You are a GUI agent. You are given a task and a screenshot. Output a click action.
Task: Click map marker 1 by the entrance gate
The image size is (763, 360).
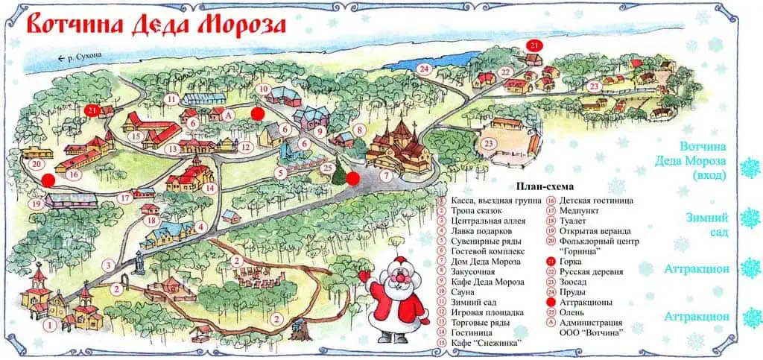click(x=49, y=325)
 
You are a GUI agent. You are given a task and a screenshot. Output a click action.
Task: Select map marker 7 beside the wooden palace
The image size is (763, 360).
click(x=386, y=176)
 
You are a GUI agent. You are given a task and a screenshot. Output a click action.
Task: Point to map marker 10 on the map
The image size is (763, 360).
click(x=263, y=89)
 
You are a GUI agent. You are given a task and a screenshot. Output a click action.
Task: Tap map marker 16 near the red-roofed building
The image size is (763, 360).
click(x=74, y=174)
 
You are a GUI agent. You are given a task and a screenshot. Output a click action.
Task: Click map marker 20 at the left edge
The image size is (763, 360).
click(x=34, y=164)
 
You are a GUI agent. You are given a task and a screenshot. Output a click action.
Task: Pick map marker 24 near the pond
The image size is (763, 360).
click(x=425, y=69)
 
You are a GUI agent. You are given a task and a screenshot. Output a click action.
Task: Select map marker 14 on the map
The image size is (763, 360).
click(x=211, y=188)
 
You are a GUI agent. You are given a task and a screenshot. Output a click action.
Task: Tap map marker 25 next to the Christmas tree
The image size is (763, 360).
click(x=328, y=168)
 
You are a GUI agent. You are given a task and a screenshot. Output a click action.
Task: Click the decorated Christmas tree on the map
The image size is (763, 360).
click(x=341, y=172)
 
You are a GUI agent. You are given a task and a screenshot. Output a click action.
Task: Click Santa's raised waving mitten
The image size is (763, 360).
click(x=365, y=276)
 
